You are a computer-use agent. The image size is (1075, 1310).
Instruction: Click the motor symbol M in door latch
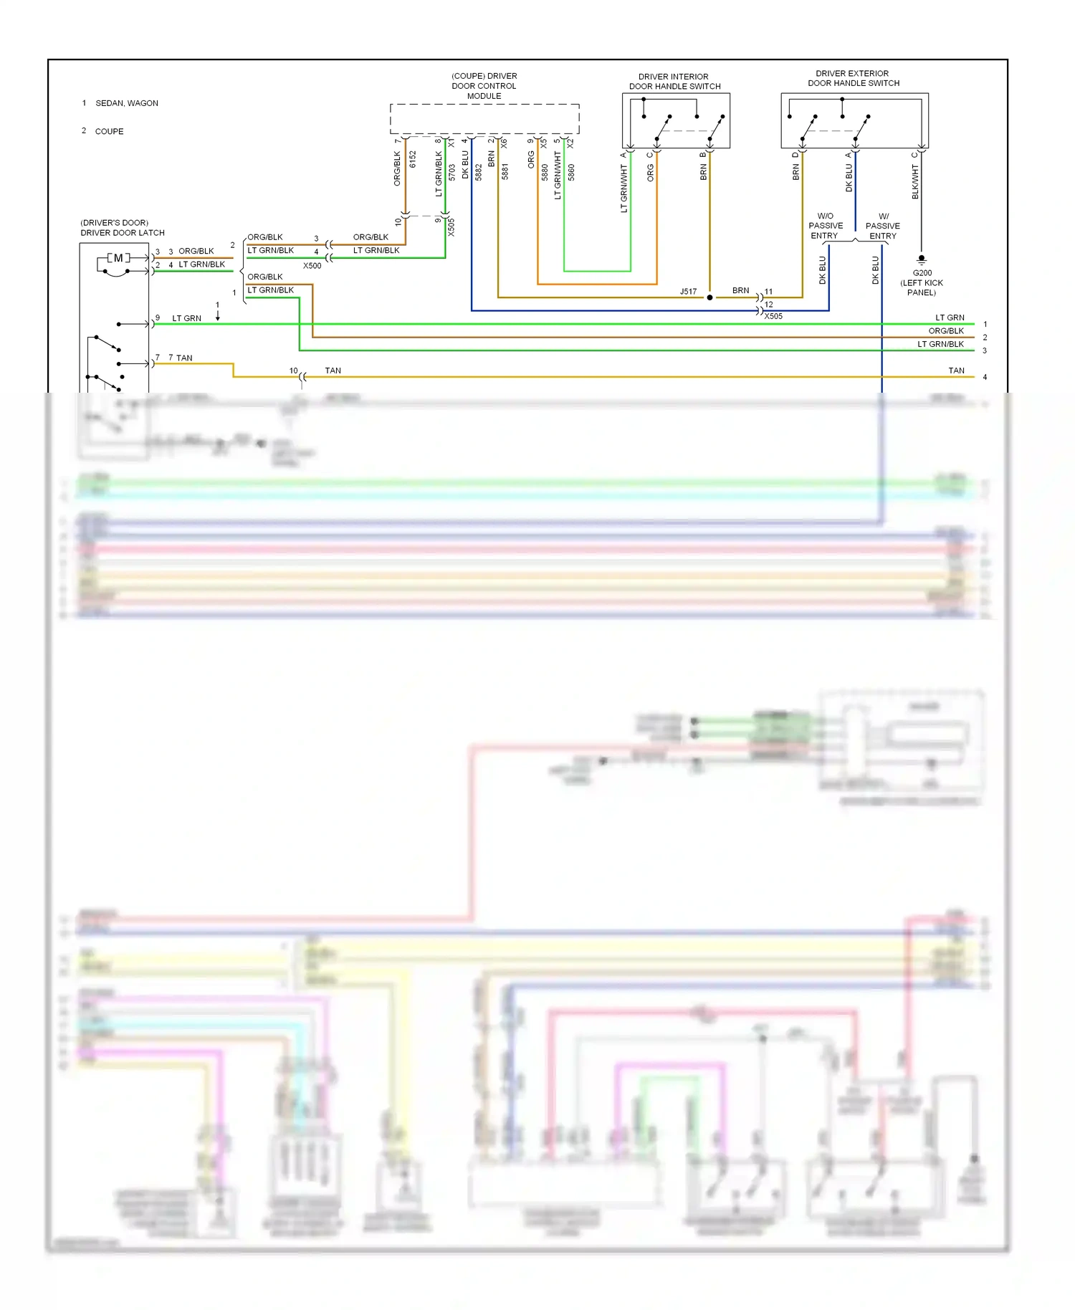(x=118, y=258)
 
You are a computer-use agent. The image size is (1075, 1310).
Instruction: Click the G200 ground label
(x=922, y=273)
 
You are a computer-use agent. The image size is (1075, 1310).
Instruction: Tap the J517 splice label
(x=688, y=292)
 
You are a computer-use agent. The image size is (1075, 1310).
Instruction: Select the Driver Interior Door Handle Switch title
(x=674, y=82)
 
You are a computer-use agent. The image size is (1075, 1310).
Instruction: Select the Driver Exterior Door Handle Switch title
(x=853, y=78)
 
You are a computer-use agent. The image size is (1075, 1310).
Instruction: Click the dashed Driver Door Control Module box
(x=484, y=119)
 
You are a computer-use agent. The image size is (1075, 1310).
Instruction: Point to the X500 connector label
(x=312, y=266)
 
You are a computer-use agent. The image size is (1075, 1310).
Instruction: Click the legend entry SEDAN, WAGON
(x=126, y=103)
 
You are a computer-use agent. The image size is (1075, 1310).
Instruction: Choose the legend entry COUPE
(x=109, y=132)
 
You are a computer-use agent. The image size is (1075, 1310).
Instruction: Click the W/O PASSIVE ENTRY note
(x=825, y=226)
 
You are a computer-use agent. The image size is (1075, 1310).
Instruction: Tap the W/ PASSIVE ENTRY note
(x=883, y=226)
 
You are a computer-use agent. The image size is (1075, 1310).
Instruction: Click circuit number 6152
(x=413, y=159)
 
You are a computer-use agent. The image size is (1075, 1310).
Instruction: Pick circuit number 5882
(x=479, y=172)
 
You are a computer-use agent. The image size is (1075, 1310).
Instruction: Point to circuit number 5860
(x=571, y=172)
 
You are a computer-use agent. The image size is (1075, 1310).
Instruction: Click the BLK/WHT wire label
(x=915, y=181)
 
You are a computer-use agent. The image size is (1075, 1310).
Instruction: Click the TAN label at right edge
(x=956, y=370)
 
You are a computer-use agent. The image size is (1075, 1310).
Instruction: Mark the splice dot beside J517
(x=709, y=297)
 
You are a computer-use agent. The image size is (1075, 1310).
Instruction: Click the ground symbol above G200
(x=922, y=259)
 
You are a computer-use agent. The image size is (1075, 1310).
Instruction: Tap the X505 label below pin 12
(x=773, y=316)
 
